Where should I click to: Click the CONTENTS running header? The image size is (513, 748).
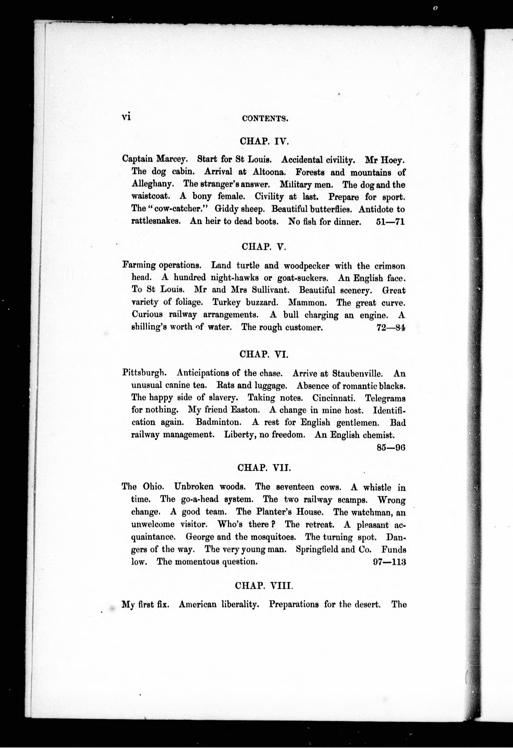265,118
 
